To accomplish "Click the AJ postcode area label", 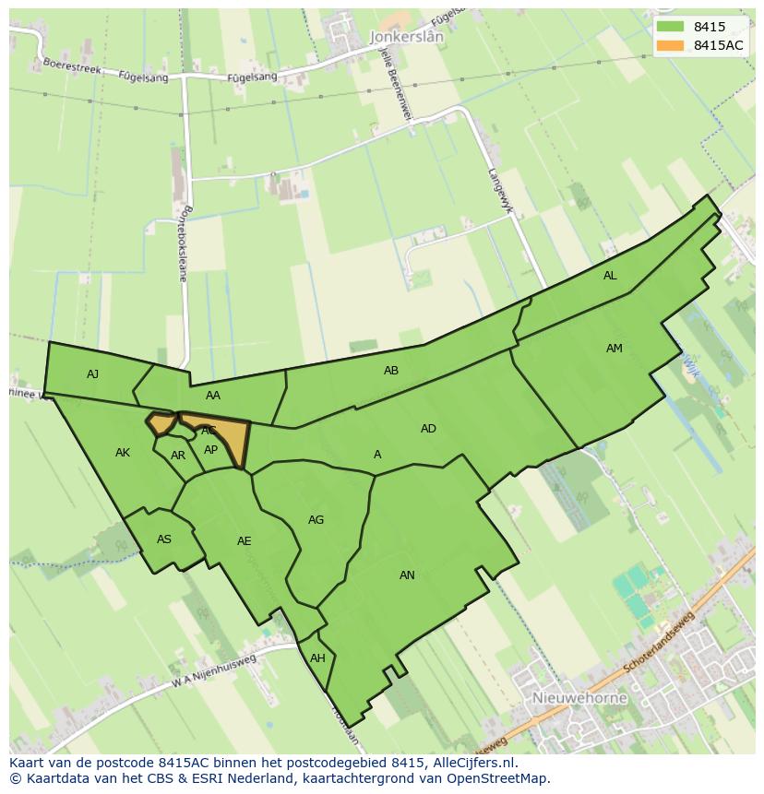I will click(x=92, y=373).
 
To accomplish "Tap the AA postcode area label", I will click(x=213, y=396).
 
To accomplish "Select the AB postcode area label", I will click(x=391, y=371).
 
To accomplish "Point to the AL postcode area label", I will click(x=610, y=276).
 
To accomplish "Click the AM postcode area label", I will click(x=615, y=349).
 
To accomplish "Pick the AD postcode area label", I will click(x=428, y=428).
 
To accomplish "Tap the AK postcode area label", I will click(x=123, y=453).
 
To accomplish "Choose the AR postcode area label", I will click(x=178, y=456).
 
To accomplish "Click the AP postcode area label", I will click(x=211, y=450).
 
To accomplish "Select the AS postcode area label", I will click(x=164, y=539).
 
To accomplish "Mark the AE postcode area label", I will click(x=244, y=541).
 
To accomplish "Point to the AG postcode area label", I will click(x=316, y=520).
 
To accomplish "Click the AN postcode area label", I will click(x=407, y=575).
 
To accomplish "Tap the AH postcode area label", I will click(x=317, y=658).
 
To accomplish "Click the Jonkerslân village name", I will click(x=406, y=37).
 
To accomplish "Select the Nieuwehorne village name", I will click(x=579, y=698).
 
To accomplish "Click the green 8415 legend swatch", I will click(x=671, y=27).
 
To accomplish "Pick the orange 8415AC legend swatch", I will click(x=671, y=45).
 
